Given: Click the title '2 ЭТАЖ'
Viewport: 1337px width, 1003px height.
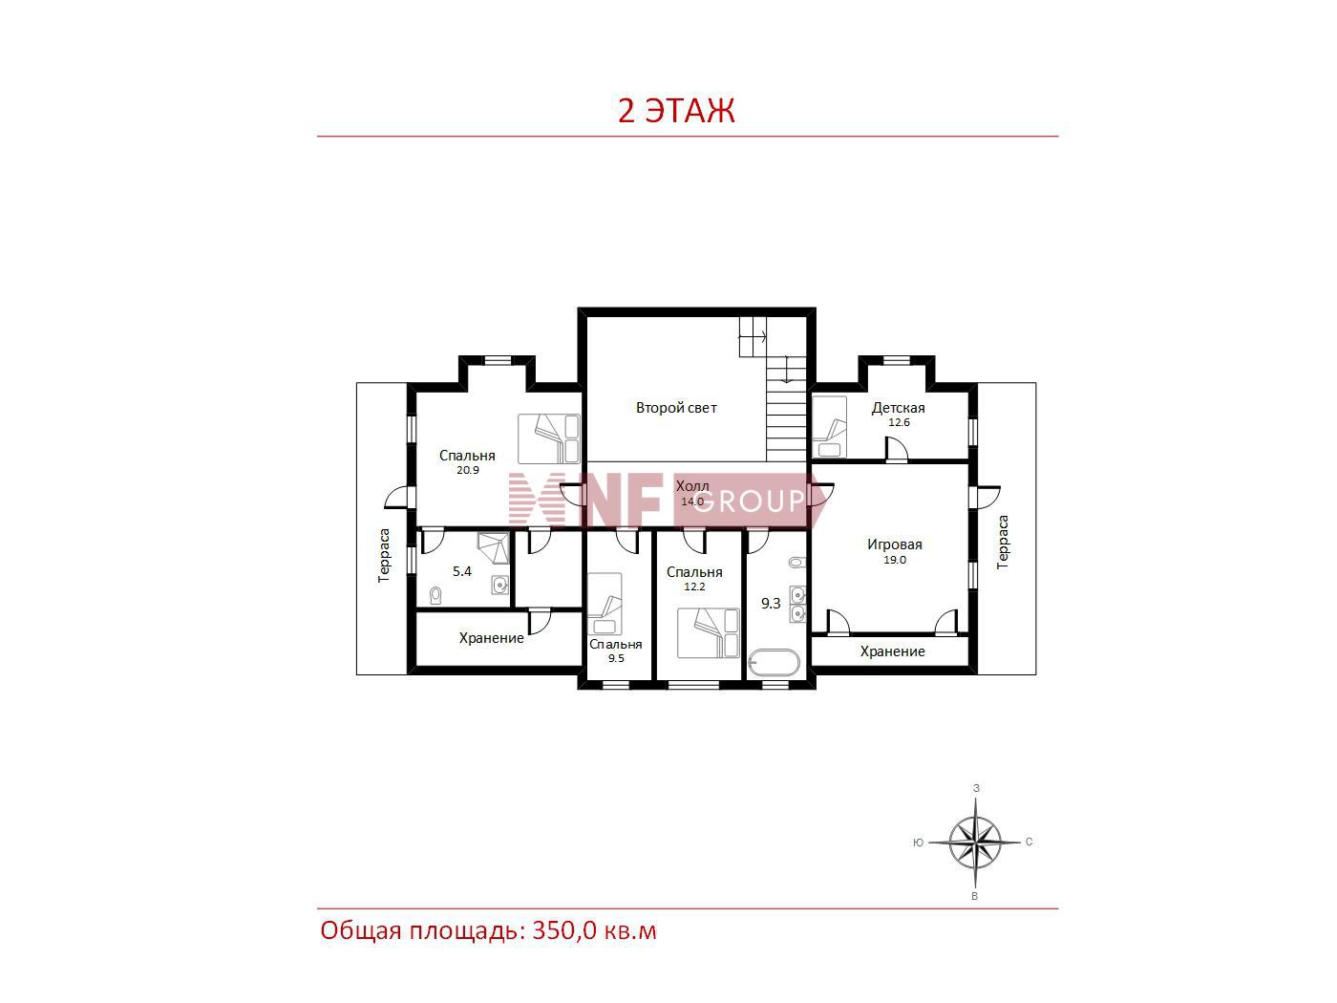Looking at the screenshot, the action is tap(676, 111).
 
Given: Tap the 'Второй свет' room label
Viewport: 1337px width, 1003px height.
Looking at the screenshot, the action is tap(676, 408).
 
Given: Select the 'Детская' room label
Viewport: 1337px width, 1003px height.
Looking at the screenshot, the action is tap(898, 408).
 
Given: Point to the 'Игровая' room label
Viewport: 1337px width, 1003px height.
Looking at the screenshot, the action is tap(894, 544).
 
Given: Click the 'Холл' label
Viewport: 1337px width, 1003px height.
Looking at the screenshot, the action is tap(692, 486).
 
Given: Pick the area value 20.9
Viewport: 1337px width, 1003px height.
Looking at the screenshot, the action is tap(468, 470).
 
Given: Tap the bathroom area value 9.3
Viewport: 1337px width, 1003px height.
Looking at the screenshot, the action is tap(771, 604).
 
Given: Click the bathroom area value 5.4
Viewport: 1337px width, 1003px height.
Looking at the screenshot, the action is tap(461, 571).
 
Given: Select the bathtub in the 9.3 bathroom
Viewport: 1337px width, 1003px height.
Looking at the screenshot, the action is tap(774, 663).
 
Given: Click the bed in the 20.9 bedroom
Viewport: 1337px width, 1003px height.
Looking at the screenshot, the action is tap(549, 439).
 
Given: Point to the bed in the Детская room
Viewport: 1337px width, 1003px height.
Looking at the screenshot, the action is tap(830, 427).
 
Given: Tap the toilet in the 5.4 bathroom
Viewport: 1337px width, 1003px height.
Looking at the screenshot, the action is tap(435, 595).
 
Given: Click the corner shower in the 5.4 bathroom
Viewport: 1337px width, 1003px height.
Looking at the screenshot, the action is tap(493, 547).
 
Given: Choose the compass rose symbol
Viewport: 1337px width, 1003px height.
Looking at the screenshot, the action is tap(975, 843).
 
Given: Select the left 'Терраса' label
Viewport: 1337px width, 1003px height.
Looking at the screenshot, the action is tap(384, 555).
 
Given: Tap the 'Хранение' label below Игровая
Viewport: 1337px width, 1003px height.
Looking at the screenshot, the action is tap(892, 651).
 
